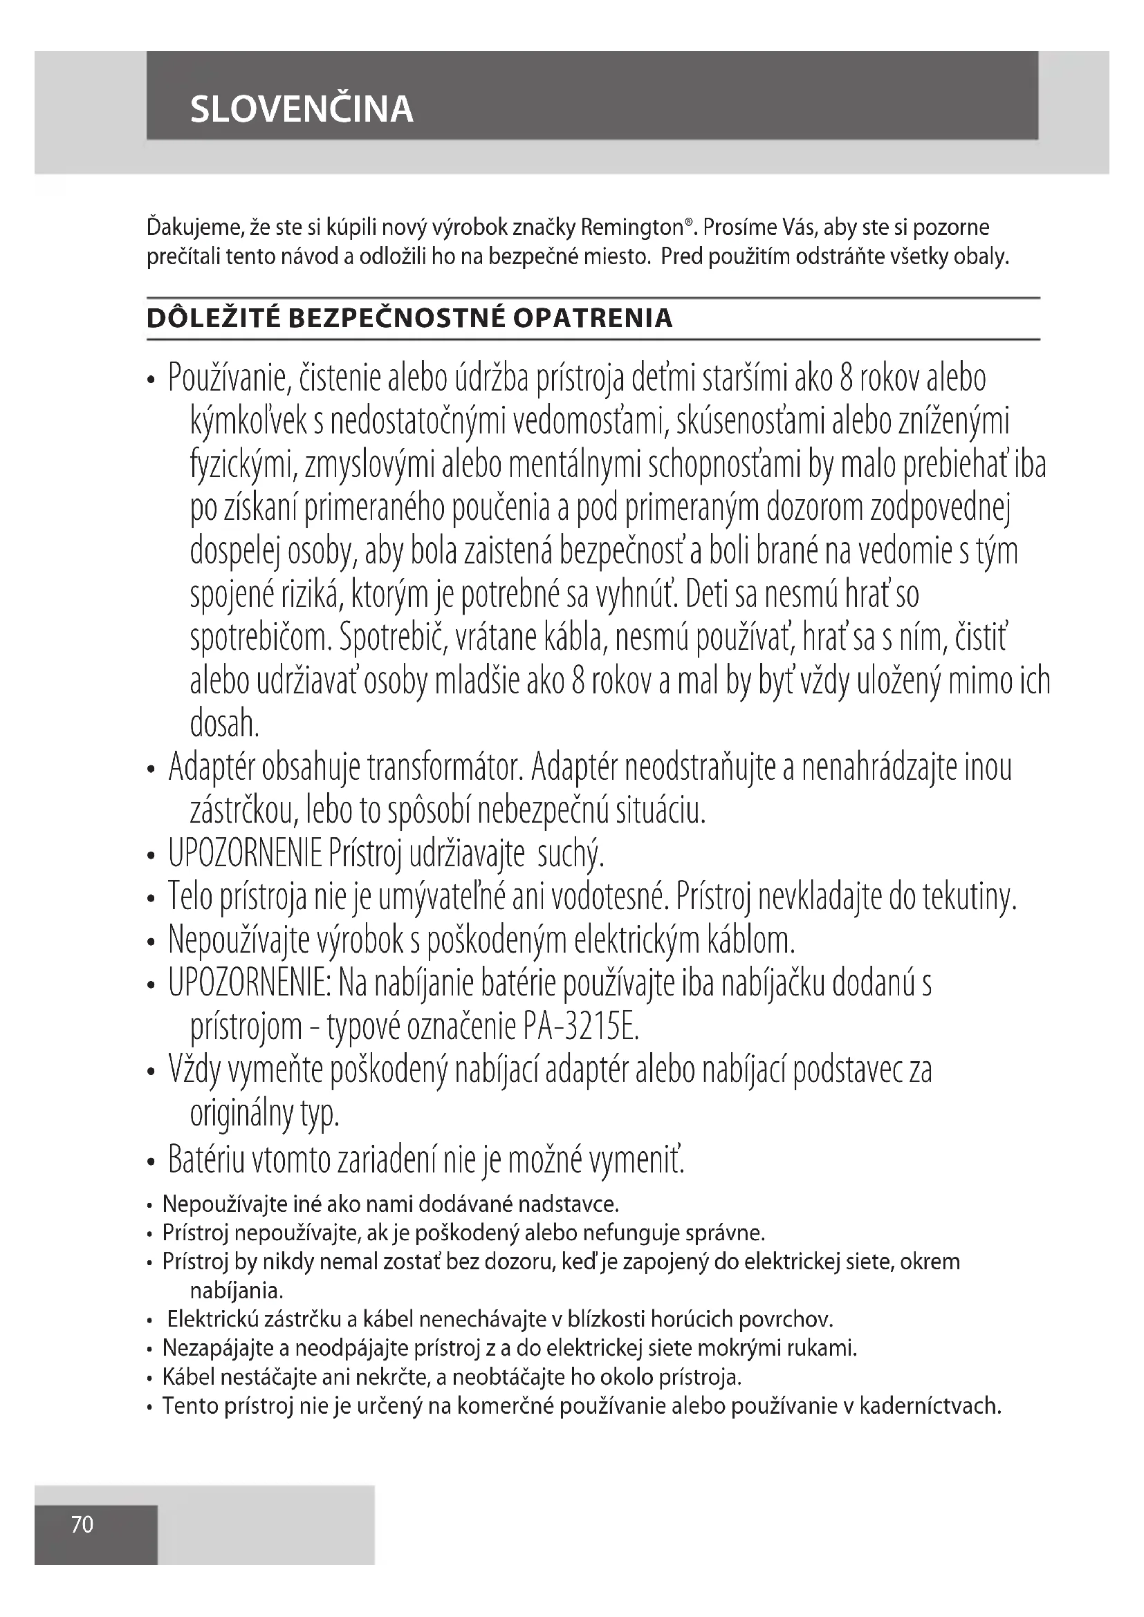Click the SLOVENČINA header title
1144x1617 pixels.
(x=302, y=110)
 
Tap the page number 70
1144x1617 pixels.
(x=82, y=1524)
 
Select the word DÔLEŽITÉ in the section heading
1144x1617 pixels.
(x=214, y=318)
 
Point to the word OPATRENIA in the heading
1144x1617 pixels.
(x=593, y=318)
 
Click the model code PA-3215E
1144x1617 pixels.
(x=581, y=1027)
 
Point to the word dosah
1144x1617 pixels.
(x=224, y=724)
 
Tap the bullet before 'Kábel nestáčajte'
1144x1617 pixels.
(x=150, y=1378)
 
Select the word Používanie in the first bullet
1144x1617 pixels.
(x=229, y=380)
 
